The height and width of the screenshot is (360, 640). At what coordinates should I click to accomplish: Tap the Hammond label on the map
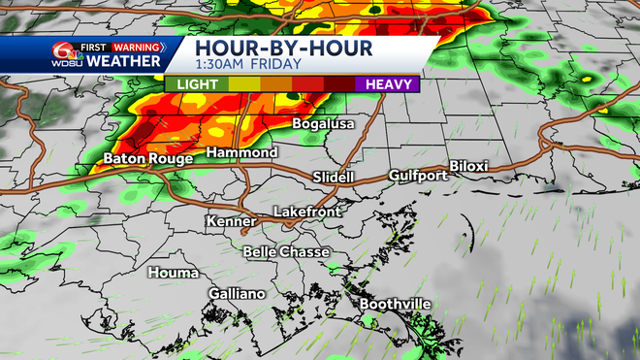(241, 154)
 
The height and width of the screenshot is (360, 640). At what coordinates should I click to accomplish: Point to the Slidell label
(334, 178)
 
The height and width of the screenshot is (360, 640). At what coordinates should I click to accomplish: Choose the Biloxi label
(469, 166)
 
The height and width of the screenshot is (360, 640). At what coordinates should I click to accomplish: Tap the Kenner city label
(232, 222)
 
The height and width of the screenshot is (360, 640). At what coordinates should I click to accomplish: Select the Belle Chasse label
(286, 252)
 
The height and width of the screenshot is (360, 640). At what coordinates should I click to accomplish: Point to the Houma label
(174, 273)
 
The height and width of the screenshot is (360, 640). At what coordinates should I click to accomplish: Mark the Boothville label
(396, 304)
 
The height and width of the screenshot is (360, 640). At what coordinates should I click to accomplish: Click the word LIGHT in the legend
(197, 84)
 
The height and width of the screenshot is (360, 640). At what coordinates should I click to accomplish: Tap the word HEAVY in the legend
(386, 84)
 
